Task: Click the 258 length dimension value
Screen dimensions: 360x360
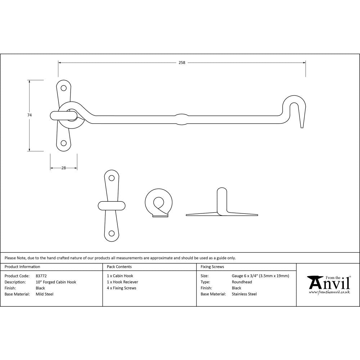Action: pos(182,63)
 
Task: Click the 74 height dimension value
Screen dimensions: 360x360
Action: pos(30,115)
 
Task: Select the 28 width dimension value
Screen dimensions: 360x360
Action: pos(64,168)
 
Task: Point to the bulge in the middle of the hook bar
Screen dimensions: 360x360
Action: pos(181,119)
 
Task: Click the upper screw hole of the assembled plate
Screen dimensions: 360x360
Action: pos(64,88)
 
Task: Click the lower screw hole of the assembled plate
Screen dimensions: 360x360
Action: pos(64,143)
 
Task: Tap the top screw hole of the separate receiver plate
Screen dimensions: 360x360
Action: pos(112,178)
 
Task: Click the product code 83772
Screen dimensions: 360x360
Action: pos(41,276)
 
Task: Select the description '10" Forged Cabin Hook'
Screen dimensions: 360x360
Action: pos(56,282)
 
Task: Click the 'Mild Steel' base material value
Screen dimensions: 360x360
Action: pos(45,294)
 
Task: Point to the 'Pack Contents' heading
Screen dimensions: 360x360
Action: pos(119,267)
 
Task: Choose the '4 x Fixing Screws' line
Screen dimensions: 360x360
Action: pos(122,288)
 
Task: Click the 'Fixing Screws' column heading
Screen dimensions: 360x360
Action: pos(212,267)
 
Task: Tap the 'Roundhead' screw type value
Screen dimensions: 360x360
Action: pos(242,282)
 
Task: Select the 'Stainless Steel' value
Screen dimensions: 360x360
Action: pos(244,294)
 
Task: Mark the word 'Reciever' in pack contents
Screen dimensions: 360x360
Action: pos(130,282)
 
